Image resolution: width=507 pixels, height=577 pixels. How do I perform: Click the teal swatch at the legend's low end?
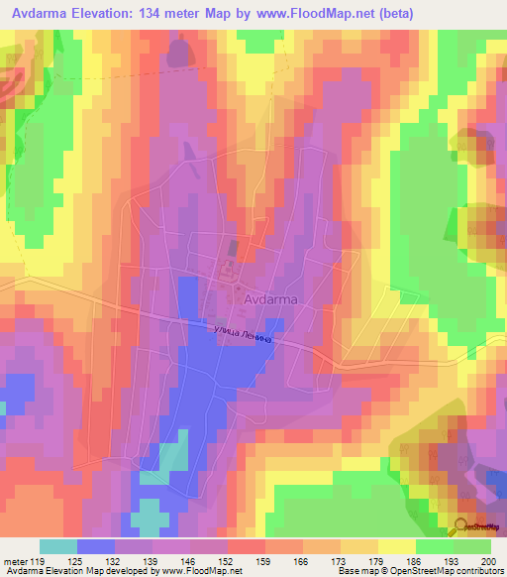[57, 546]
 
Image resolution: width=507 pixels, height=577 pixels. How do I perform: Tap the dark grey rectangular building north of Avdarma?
[233, 248]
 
